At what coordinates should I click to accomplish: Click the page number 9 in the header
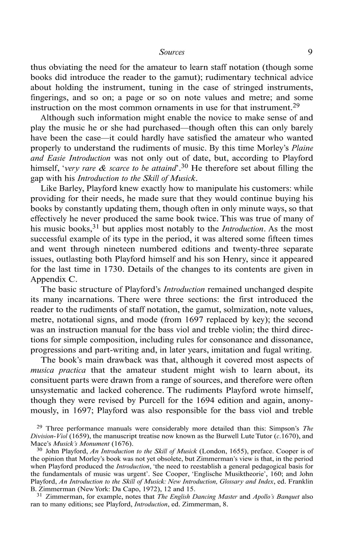(x=310, y=52)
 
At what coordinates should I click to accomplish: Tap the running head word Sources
(x=172, y=52)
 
